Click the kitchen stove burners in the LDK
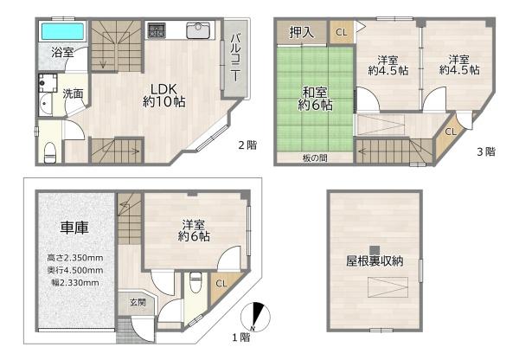pos(158,32)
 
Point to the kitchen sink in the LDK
pos(198,33)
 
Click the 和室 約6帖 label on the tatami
pos(315,98)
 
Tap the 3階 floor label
pos(484,151)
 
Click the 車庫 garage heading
pos(74,227)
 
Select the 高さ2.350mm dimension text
pos(75,258)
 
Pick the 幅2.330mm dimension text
pos(75,281)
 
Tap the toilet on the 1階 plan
pos(195,283)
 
